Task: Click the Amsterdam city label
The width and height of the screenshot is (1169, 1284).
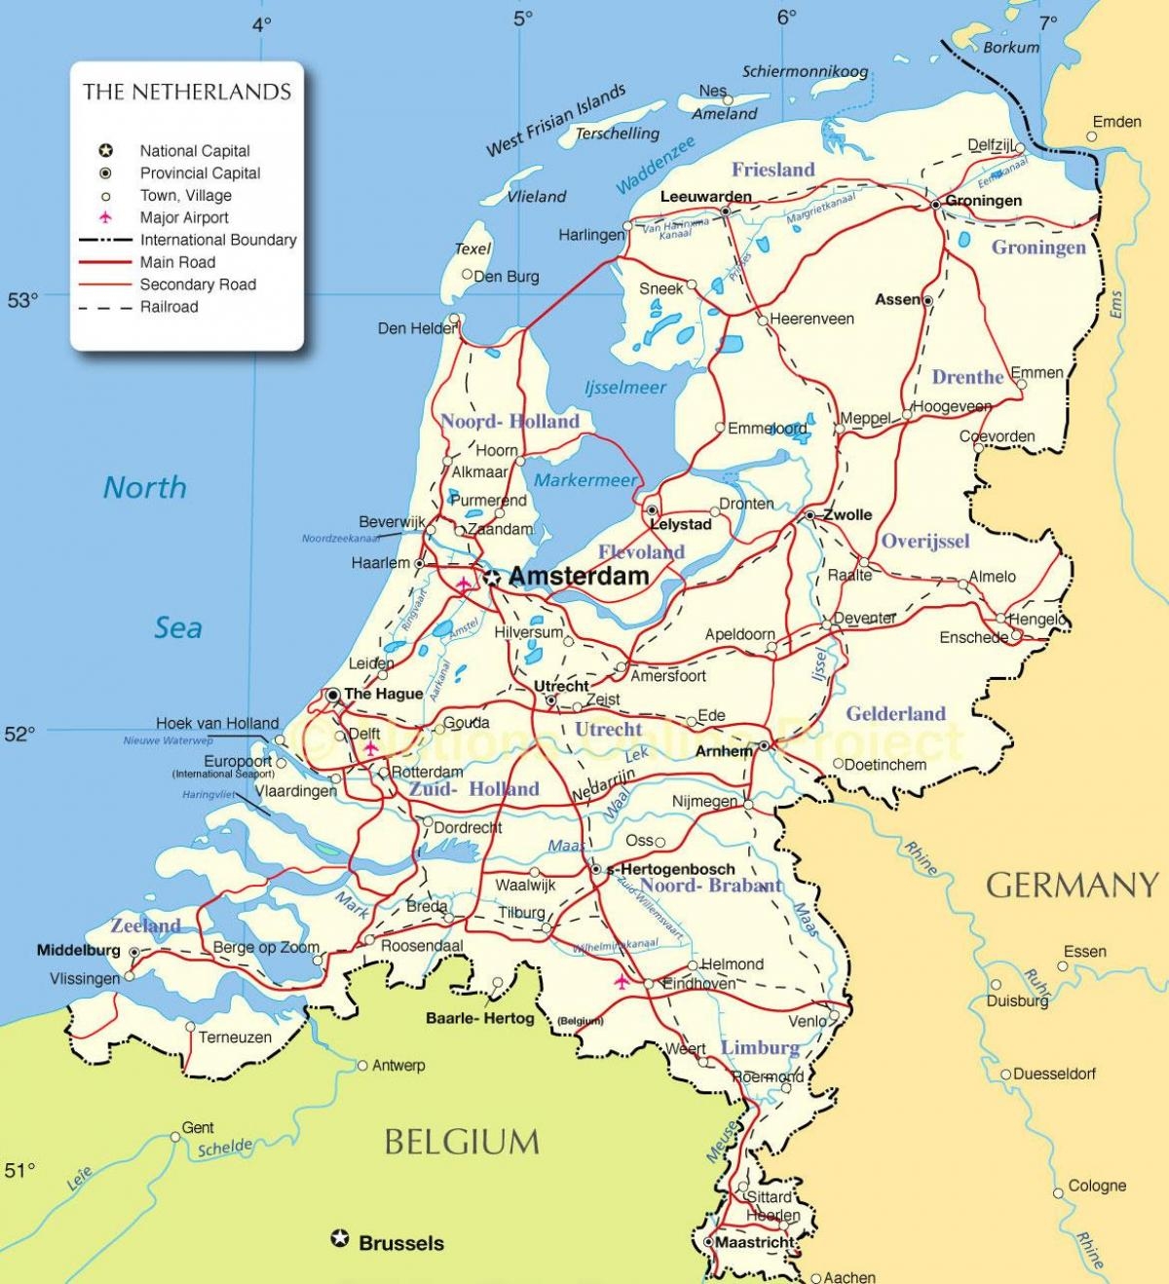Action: pos(579,577)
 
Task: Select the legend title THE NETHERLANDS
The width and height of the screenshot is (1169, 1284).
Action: pos(187,93)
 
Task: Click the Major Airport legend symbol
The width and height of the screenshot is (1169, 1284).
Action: pos(105,217)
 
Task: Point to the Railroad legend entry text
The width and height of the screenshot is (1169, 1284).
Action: pos(169,307)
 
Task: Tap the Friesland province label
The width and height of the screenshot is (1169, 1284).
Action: pos(773,170)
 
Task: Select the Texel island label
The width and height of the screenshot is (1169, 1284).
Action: pos(472,249)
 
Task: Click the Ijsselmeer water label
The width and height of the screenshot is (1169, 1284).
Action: pos(624,388)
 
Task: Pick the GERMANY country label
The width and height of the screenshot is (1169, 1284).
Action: pos(1073,885)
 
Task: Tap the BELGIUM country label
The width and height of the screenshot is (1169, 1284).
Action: pos(462,1141)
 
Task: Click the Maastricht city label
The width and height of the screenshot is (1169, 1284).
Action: pos(755,1243)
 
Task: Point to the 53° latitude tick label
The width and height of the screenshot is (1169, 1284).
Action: pos(22,300)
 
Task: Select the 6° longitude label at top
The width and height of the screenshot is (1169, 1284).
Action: pos(786,17)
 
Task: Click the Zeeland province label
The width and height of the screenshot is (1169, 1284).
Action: pos(145,925)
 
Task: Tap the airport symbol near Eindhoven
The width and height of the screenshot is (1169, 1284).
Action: pos(621,981)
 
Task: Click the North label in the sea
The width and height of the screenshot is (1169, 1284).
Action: pos(145,487)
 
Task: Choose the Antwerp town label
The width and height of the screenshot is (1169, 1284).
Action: pos(398,1066)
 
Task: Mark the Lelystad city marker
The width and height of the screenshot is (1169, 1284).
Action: pos(650,510)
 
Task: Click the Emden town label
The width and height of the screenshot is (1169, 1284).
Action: pos(1116,122)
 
